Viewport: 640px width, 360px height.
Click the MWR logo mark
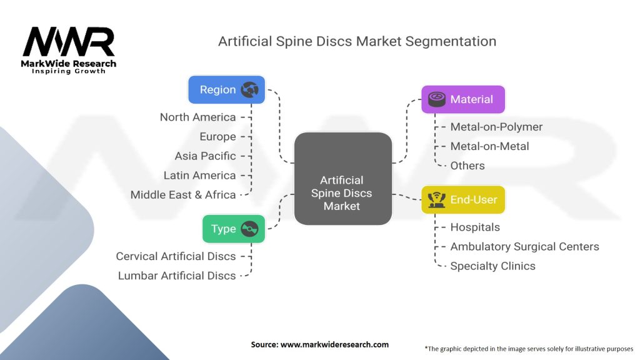69,42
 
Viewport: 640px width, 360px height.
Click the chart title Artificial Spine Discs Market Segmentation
357,41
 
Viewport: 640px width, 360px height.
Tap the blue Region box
226,89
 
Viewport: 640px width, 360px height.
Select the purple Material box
463,99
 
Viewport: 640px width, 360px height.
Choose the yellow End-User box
463,199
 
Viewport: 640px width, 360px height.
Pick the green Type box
234,229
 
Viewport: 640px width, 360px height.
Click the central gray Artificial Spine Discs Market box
343,178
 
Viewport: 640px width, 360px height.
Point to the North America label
198,117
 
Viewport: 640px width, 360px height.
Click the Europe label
217,137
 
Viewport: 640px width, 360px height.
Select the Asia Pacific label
205,156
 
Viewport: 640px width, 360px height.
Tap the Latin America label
199,176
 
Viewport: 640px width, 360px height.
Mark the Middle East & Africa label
183,195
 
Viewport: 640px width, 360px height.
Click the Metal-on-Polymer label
496,127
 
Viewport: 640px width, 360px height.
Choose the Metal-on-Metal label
489,146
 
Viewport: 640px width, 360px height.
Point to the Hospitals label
475,227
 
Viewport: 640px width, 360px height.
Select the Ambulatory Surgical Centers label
524,246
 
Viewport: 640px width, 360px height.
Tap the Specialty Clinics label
492,266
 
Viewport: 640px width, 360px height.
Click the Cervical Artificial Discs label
176,256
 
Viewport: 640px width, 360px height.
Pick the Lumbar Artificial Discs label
177,276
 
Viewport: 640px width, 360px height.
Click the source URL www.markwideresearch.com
334,344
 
